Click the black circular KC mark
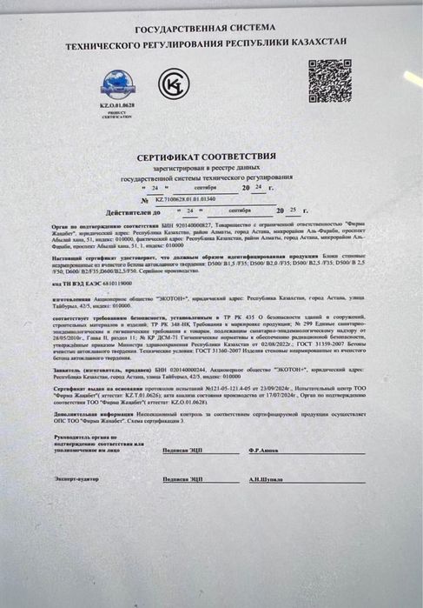coord(169,83)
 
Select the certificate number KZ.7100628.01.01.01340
coord(186,198)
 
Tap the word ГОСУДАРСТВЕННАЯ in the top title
coord(178,30)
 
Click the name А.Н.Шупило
coord(265,479)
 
